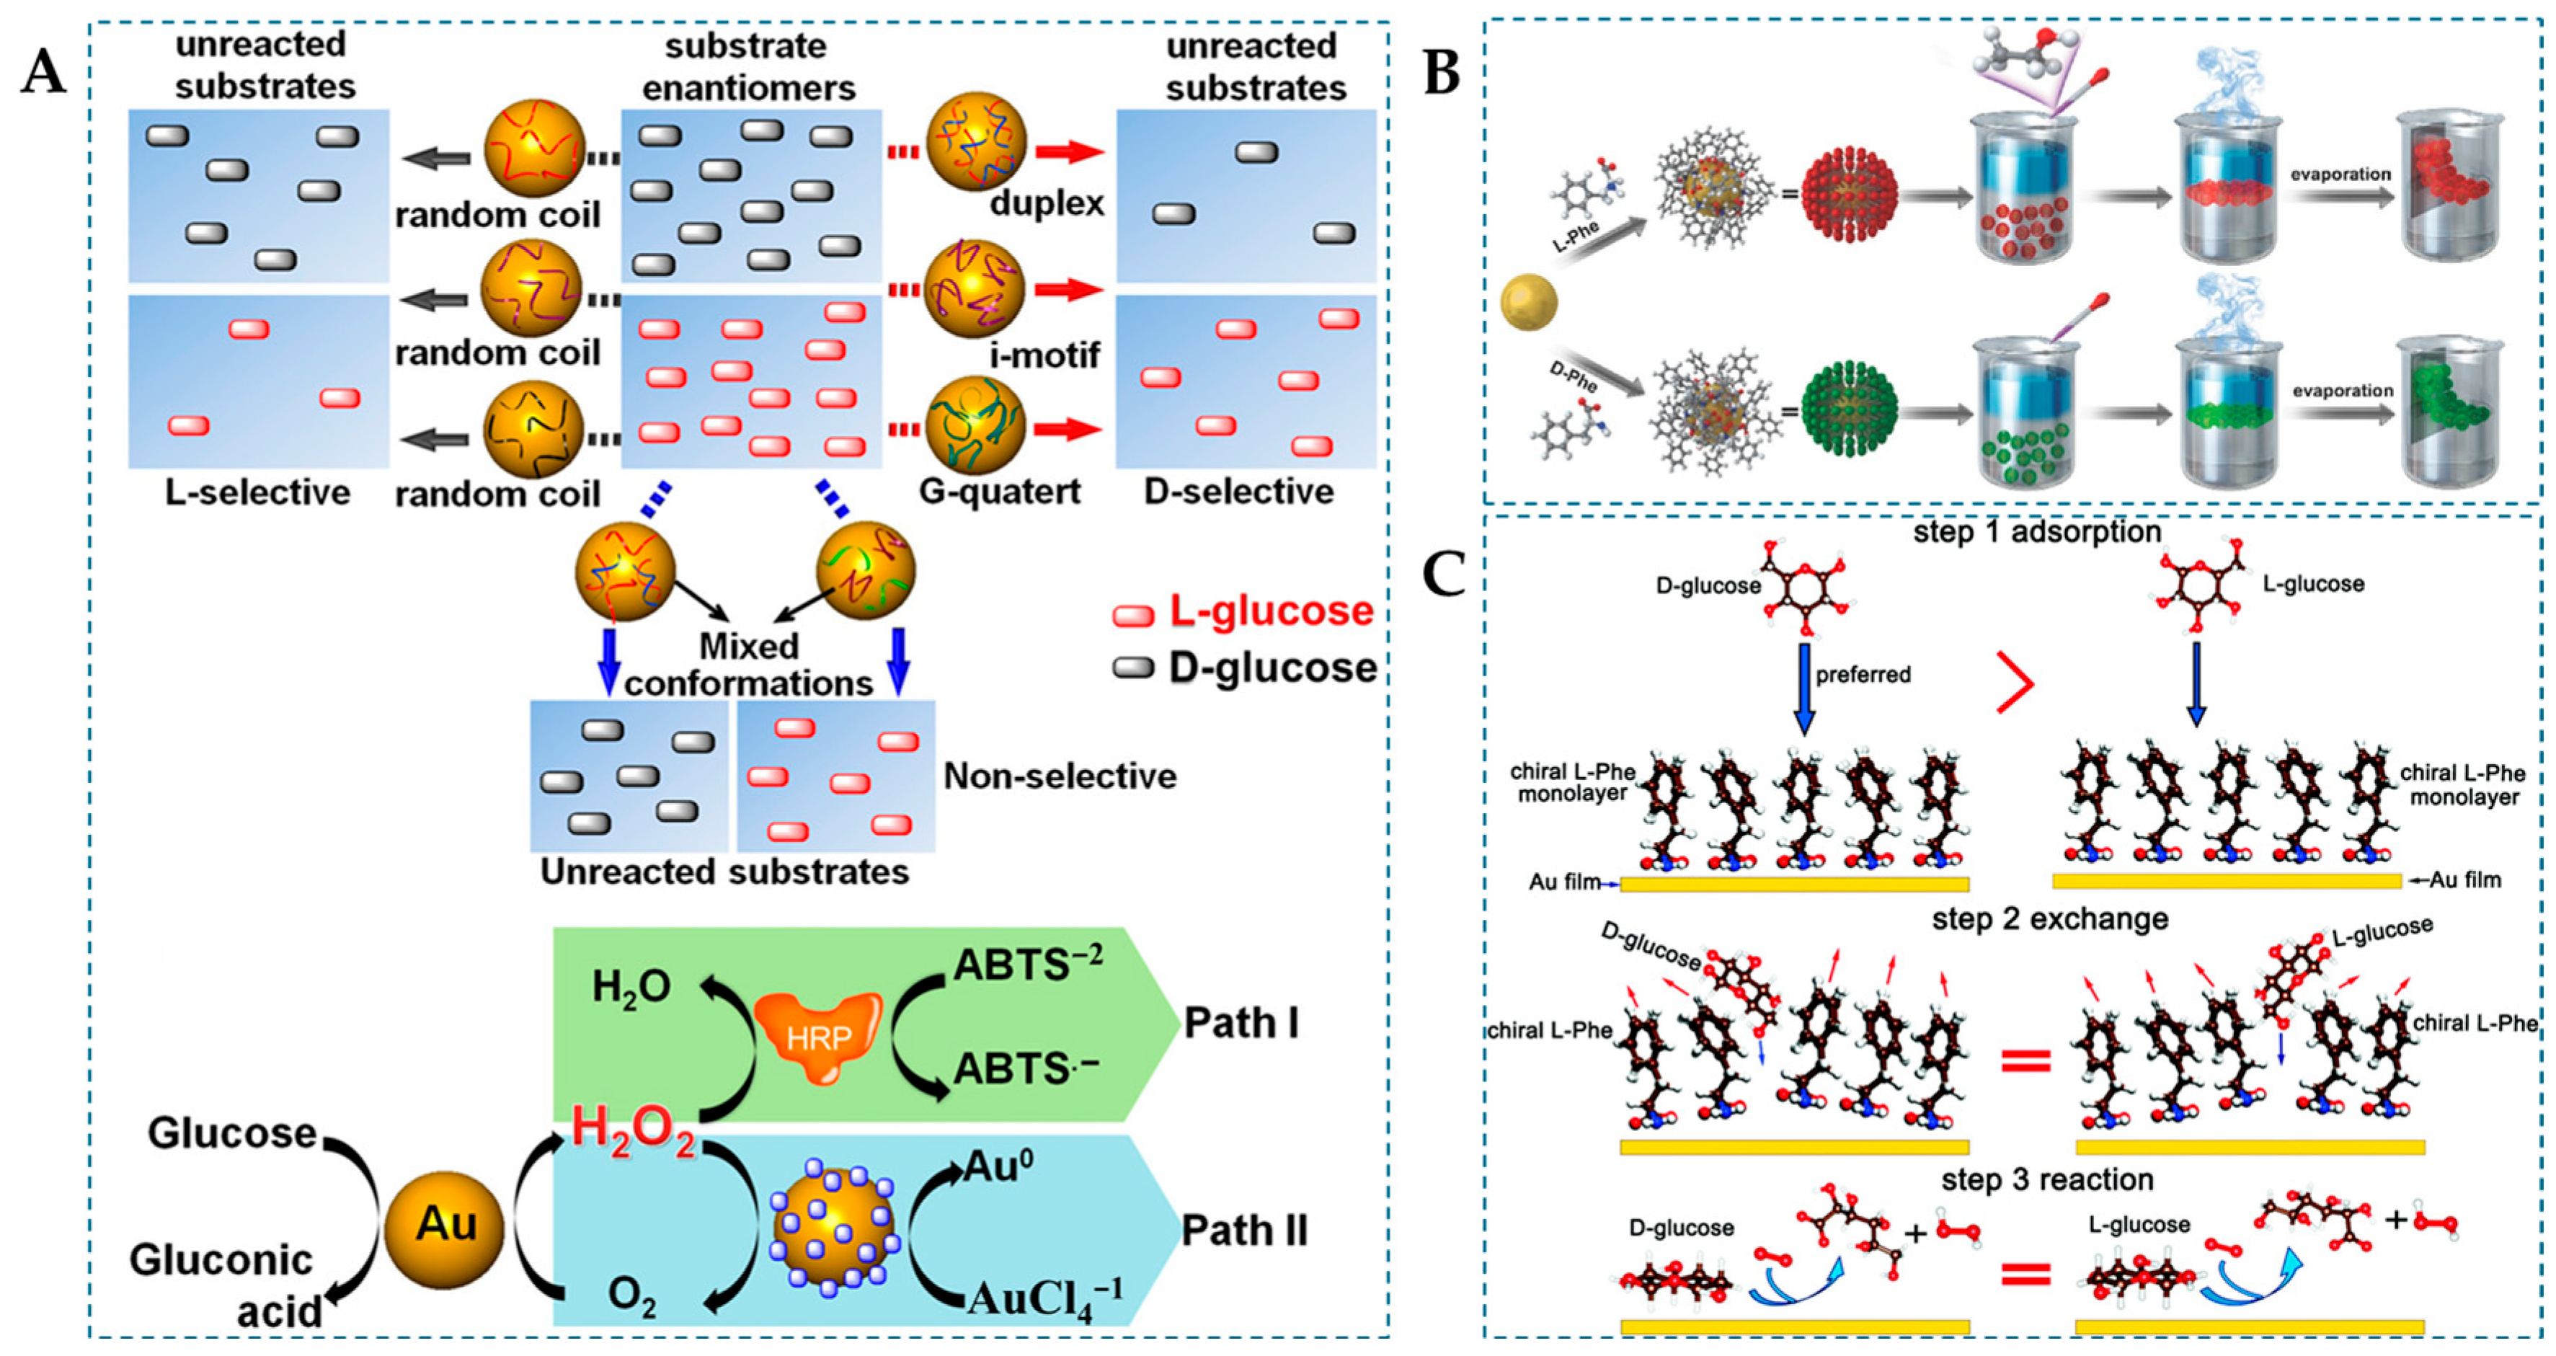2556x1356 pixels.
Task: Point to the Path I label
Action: click(1241, 1022)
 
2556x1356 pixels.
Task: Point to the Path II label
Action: click(1244, 1231)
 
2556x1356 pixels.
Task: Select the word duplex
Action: click(1047, 203)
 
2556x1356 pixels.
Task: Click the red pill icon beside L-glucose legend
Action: click(1133, 616)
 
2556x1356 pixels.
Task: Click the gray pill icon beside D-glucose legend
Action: click(1133, 668)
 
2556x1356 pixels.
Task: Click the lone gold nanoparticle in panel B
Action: click(1528, 303)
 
